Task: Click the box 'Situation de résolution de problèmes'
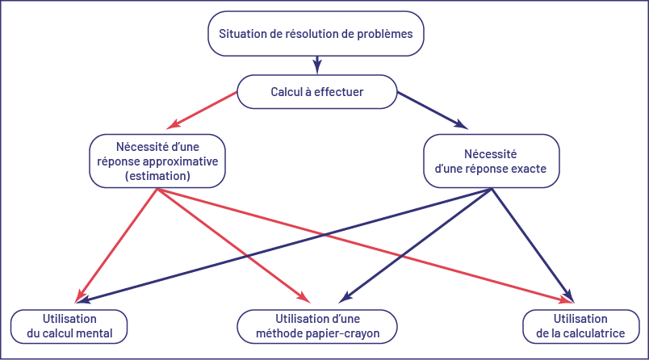coord(316,34)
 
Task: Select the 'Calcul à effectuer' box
coord(316,92)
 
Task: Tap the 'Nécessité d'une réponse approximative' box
coord(159,160)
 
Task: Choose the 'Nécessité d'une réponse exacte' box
coord(491,160)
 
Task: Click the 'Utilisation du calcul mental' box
coord(69,326)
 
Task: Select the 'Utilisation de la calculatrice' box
coord(580,326)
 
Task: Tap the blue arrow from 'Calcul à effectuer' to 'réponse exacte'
coord(432,111)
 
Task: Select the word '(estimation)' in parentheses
coord(159,174)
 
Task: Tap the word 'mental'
coord(94,333)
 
